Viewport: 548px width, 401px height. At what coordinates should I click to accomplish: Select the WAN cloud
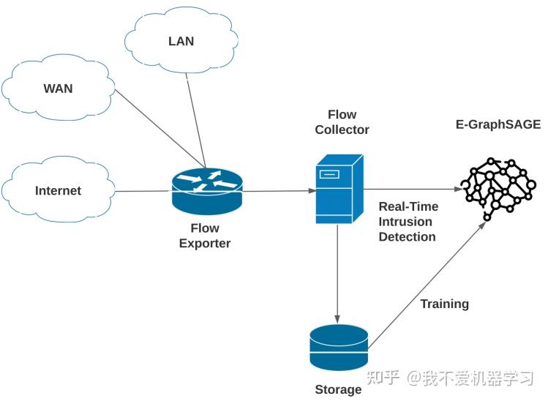[x=58, y=90]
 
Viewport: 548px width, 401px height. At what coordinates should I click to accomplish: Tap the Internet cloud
[x=58, y=191]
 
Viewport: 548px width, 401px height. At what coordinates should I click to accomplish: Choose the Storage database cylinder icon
[x=338, y=348]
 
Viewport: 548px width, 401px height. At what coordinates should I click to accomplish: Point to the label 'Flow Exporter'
[x=205, y=236]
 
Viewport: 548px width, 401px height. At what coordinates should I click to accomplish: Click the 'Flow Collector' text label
[x=342, y=122]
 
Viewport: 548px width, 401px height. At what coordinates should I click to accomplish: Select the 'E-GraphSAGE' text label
[x=498, y=124]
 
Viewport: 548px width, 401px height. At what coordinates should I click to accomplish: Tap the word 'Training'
[x=444, y=304]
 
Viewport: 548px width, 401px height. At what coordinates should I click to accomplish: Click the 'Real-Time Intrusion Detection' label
[x=407, y=222]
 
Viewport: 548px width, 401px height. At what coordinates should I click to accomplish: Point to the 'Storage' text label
[x=338, y=389]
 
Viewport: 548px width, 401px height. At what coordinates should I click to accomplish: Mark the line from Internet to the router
[x=143, y=192]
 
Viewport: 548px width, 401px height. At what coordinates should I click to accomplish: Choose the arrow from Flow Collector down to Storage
[x=337, y=271]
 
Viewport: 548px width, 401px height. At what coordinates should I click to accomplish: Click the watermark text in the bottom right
[x=450, y=378]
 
